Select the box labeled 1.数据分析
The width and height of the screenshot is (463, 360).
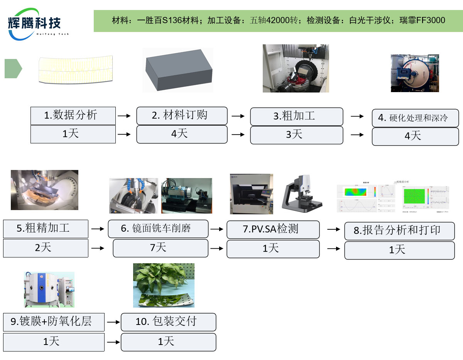(x=73, y=116)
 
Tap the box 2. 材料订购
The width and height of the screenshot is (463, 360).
(x=182, y=116)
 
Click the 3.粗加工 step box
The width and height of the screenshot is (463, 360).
(x=296, y=116)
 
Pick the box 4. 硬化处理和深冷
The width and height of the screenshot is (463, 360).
(x=415, y=118)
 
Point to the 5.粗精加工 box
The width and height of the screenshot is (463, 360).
(x=46, y=229)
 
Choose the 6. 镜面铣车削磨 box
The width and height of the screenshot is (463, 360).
(x=158, y=229)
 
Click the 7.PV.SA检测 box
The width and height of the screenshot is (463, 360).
(x=273, y=230)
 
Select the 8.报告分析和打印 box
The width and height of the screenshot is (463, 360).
(x=399, y=231)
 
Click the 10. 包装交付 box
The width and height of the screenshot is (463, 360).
(x=168, y=322)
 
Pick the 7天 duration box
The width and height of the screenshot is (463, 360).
(x=160, y=248)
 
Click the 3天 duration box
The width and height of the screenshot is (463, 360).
(x=296, y=135)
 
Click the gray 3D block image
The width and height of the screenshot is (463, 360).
(x=177, y=70)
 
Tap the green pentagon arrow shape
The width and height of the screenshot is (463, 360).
(x=13, y=69)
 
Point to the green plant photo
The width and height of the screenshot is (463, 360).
(x=164, y=285)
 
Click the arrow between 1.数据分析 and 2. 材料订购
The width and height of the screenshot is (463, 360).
(x=124, y=115)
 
